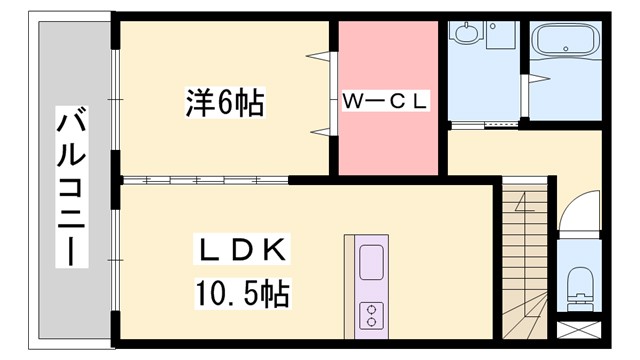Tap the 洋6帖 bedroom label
click(225, 101)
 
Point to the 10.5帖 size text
click(244, 294)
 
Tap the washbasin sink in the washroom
click(467, 35)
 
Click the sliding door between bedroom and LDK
click(205, 180)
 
